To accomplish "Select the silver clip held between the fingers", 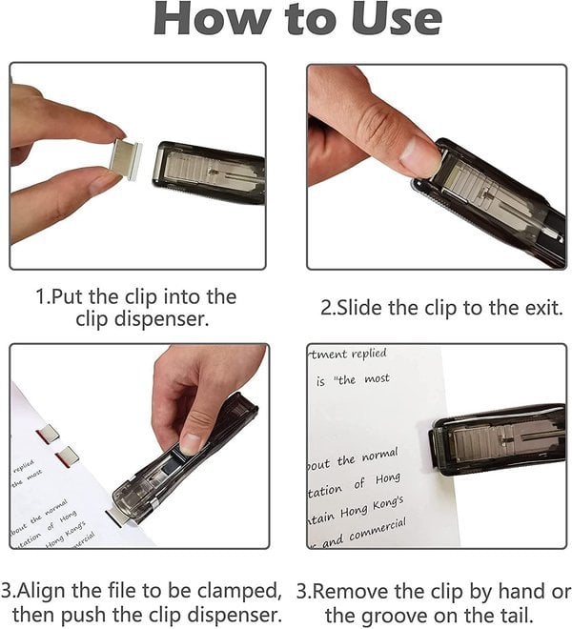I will tap(125, 159).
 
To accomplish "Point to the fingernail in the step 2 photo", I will tap(419, 152).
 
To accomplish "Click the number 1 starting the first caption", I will tap(41, 296).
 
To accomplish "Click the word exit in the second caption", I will tap(541, 308).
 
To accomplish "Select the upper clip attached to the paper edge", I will tap(48, 436).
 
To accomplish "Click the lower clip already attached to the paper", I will tap(68, 457).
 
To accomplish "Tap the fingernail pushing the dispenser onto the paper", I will tap(192, 444).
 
